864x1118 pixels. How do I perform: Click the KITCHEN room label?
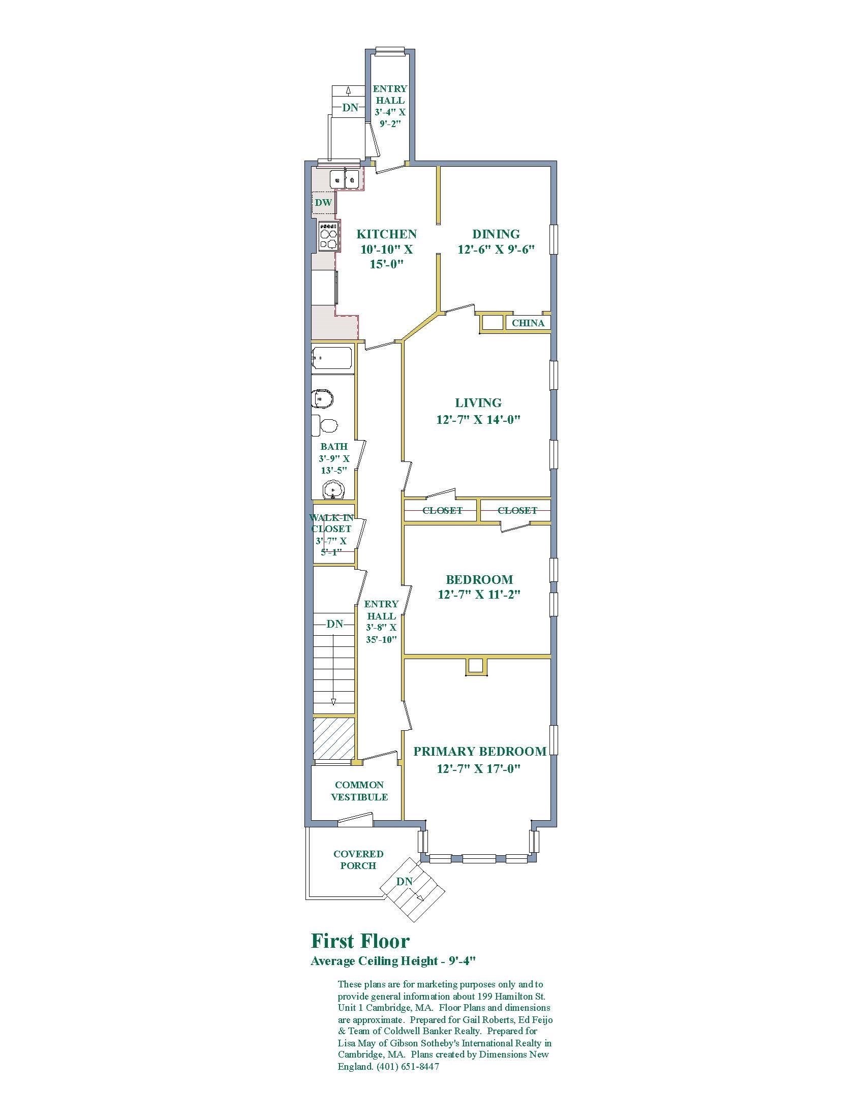[386, 234]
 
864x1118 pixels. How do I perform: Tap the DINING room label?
[496, 234]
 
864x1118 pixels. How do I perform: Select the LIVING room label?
[478, 403]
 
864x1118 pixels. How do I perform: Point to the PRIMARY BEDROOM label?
[480, 752]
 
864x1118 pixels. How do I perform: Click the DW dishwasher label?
[323, 202]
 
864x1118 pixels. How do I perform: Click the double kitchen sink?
[345, 179]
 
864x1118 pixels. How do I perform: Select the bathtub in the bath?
[332, 358]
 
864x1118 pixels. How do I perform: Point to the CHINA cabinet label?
[528, 323]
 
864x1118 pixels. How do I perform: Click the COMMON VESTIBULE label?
[359, 791]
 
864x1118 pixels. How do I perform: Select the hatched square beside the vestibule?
[334, 738]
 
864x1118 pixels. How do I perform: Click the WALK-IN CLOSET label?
[331, 523]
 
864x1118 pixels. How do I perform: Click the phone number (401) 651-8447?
[408, 1067]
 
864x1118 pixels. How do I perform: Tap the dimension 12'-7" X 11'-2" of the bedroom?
[479, 595]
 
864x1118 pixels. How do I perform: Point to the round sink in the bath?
[334, 490]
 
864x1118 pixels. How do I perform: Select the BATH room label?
[334, 447]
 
